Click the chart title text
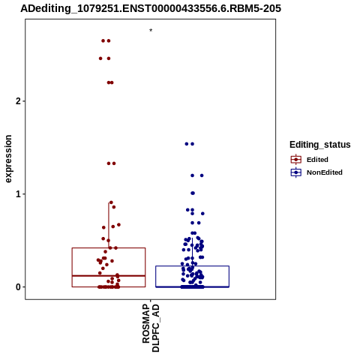tap(151, 8)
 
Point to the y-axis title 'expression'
tap(8, 159)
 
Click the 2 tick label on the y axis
tap(18, 101)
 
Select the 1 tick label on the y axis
tap(18, 194)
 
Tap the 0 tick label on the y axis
tap(18, 287)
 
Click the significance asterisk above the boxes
tap(151, 31)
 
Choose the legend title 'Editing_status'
tap(320, 145)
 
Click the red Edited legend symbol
tap(296, 159)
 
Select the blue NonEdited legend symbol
tap(296, 172)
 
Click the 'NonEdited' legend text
tap(325, 172)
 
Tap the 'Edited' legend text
tap(317, 160)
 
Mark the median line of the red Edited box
tap(109, 276)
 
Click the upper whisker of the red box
tap(109, 225)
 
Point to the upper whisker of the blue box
tap(192, 252)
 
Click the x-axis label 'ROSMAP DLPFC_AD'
tap(151, 328)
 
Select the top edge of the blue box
tap(192, 266)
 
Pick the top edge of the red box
tap(109, 248)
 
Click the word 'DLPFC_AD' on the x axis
tap(155, 328)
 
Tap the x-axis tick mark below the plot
tap(151, 301)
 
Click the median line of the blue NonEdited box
tap(192, 286)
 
